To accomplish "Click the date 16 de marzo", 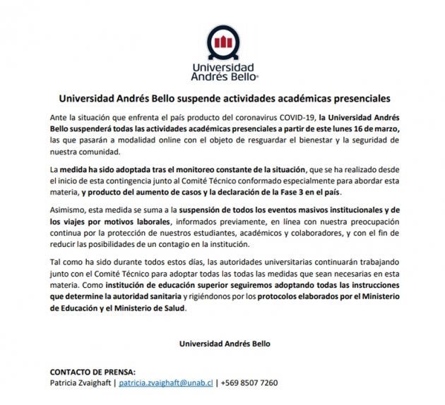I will (379, 131).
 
